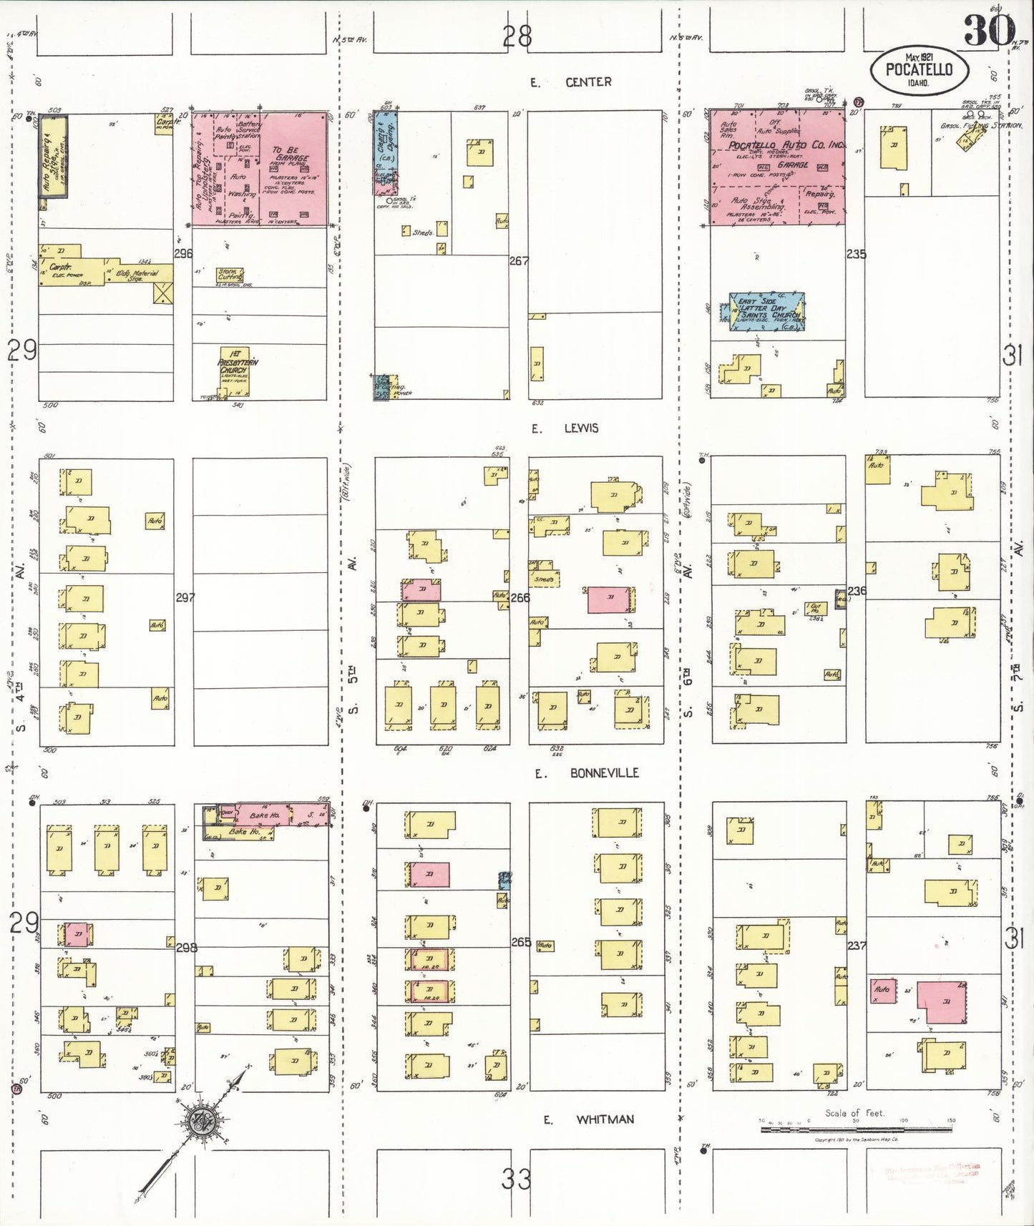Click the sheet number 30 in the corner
tap(989, 30)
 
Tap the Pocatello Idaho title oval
tap(920, 70)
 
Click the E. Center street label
tap(570, 82)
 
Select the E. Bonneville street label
tap(586, 773)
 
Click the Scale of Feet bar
tap(855, 1128)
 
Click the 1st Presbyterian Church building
tap(235, 371)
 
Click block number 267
tap(519, 261)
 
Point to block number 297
tap(185, 597)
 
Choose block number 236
tap(857, 591)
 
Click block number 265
tap(520, 942)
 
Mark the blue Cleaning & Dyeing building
tap(385, 152)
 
